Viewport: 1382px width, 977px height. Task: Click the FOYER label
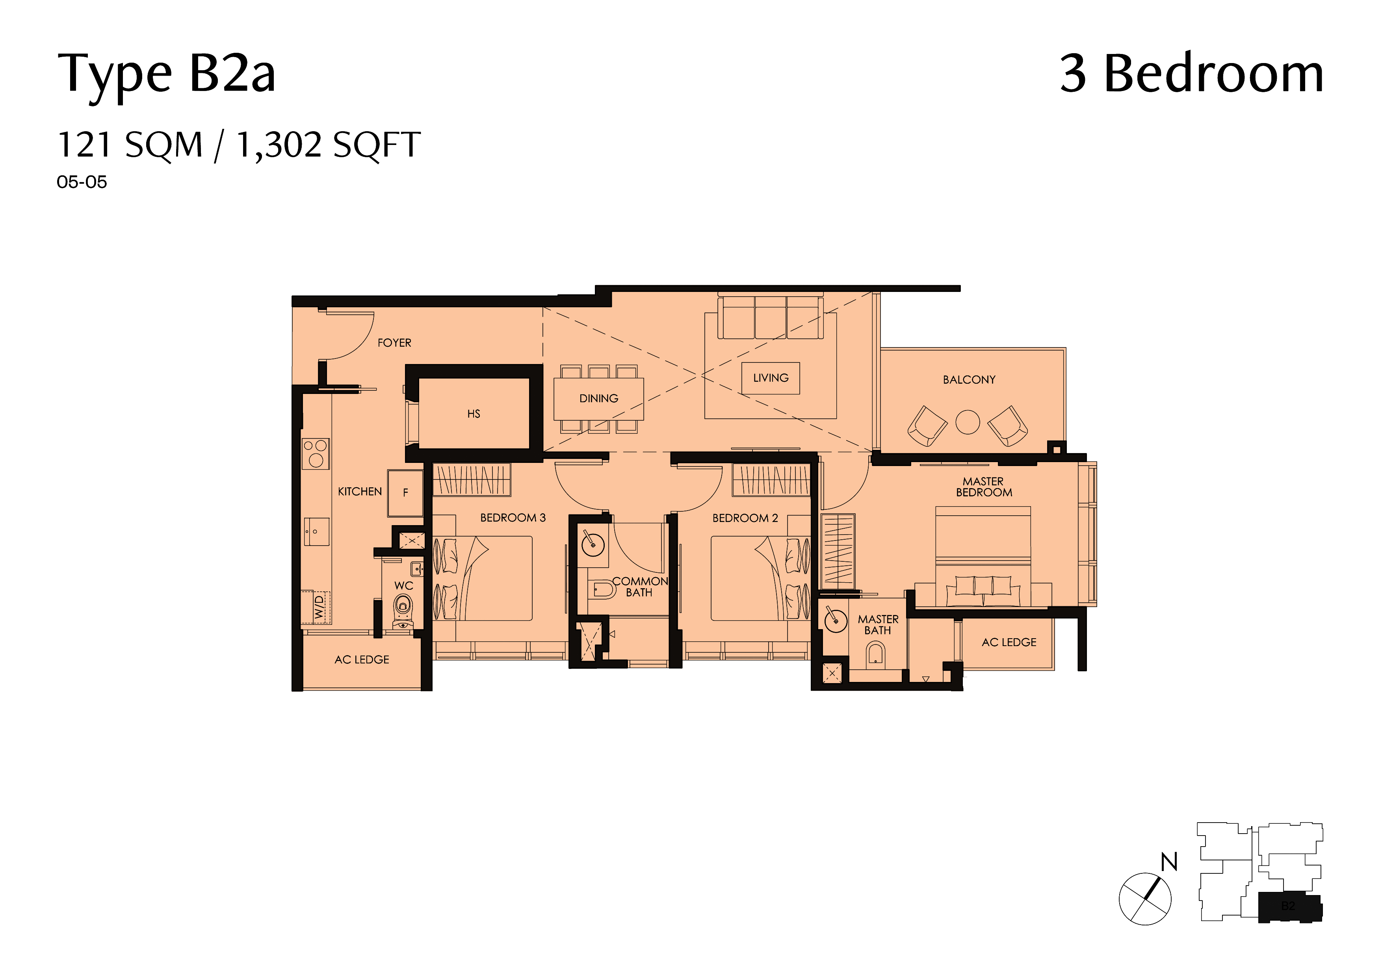[x=394, y=342]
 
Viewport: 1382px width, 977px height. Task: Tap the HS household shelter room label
[x=474, y=414]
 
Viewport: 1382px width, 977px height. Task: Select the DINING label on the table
[x=598, y=399]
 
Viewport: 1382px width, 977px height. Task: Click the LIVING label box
[x=771, y=378]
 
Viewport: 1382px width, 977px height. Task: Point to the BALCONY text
[x=969, y=380]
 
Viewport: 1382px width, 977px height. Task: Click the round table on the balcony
[x=968, y=422]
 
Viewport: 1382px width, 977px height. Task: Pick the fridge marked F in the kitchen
[x=405, y=493]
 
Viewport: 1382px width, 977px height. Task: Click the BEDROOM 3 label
[x=513, y=518]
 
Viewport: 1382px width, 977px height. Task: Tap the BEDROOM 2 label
[x=745, y=518]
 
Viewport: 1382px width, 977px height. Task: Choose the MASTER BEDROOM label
[x=984, y=487]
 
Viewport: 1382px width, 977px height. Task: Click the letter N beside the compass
[x=1169, y=862]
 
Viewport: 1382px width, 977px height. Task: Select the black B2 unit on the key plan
[x=1290, y=906]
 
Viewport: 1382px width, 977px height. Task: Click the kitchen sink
[x=316, y=531]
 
